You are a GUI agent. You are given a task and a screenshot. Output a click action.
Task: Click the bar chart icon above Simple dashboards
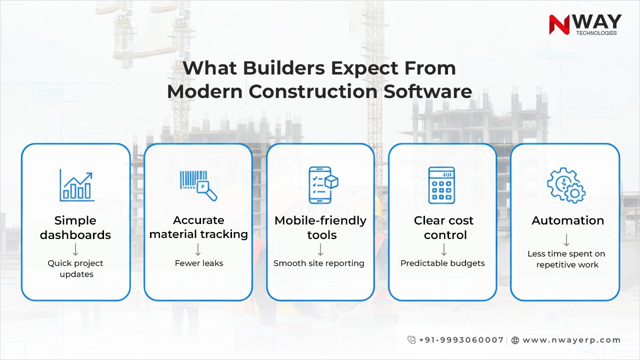coord(76,185)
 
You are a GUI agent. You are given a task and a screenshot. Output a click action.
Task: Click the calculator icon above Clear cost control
coord(441,185)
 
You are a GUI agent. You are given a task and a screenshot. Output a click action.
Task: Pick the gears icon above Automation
coord(566,185)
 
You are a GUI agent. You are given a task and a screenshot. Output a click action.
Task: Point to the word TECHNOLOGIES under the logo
coord(596,33)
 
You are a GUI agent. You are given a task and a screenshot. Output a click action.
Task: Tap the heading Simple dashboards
coord(75,227)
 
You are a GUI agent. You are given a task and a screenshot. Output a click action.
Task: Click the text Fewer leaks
coord(198,263)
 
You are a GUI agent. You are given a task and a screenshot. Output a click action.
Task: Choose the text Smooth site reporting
coord(319,263)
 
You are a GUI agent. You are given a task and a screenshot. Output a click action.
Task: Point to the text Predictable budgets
coord(442,263)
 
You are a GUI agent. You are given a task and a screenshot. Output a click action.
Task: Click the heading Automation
coord(567,220)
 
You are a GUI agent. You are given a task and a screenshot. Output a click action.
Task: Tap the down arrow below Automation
coord(566,240)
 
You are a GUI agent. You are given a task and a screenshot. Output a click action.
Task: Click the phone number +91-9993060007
coord(461,340)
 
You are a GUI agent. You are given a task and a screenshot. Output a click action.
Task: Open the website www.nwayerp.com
coord(571,340)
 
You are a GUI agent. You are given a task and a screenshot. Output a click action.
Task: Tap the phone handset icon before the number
coord(411,340)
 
